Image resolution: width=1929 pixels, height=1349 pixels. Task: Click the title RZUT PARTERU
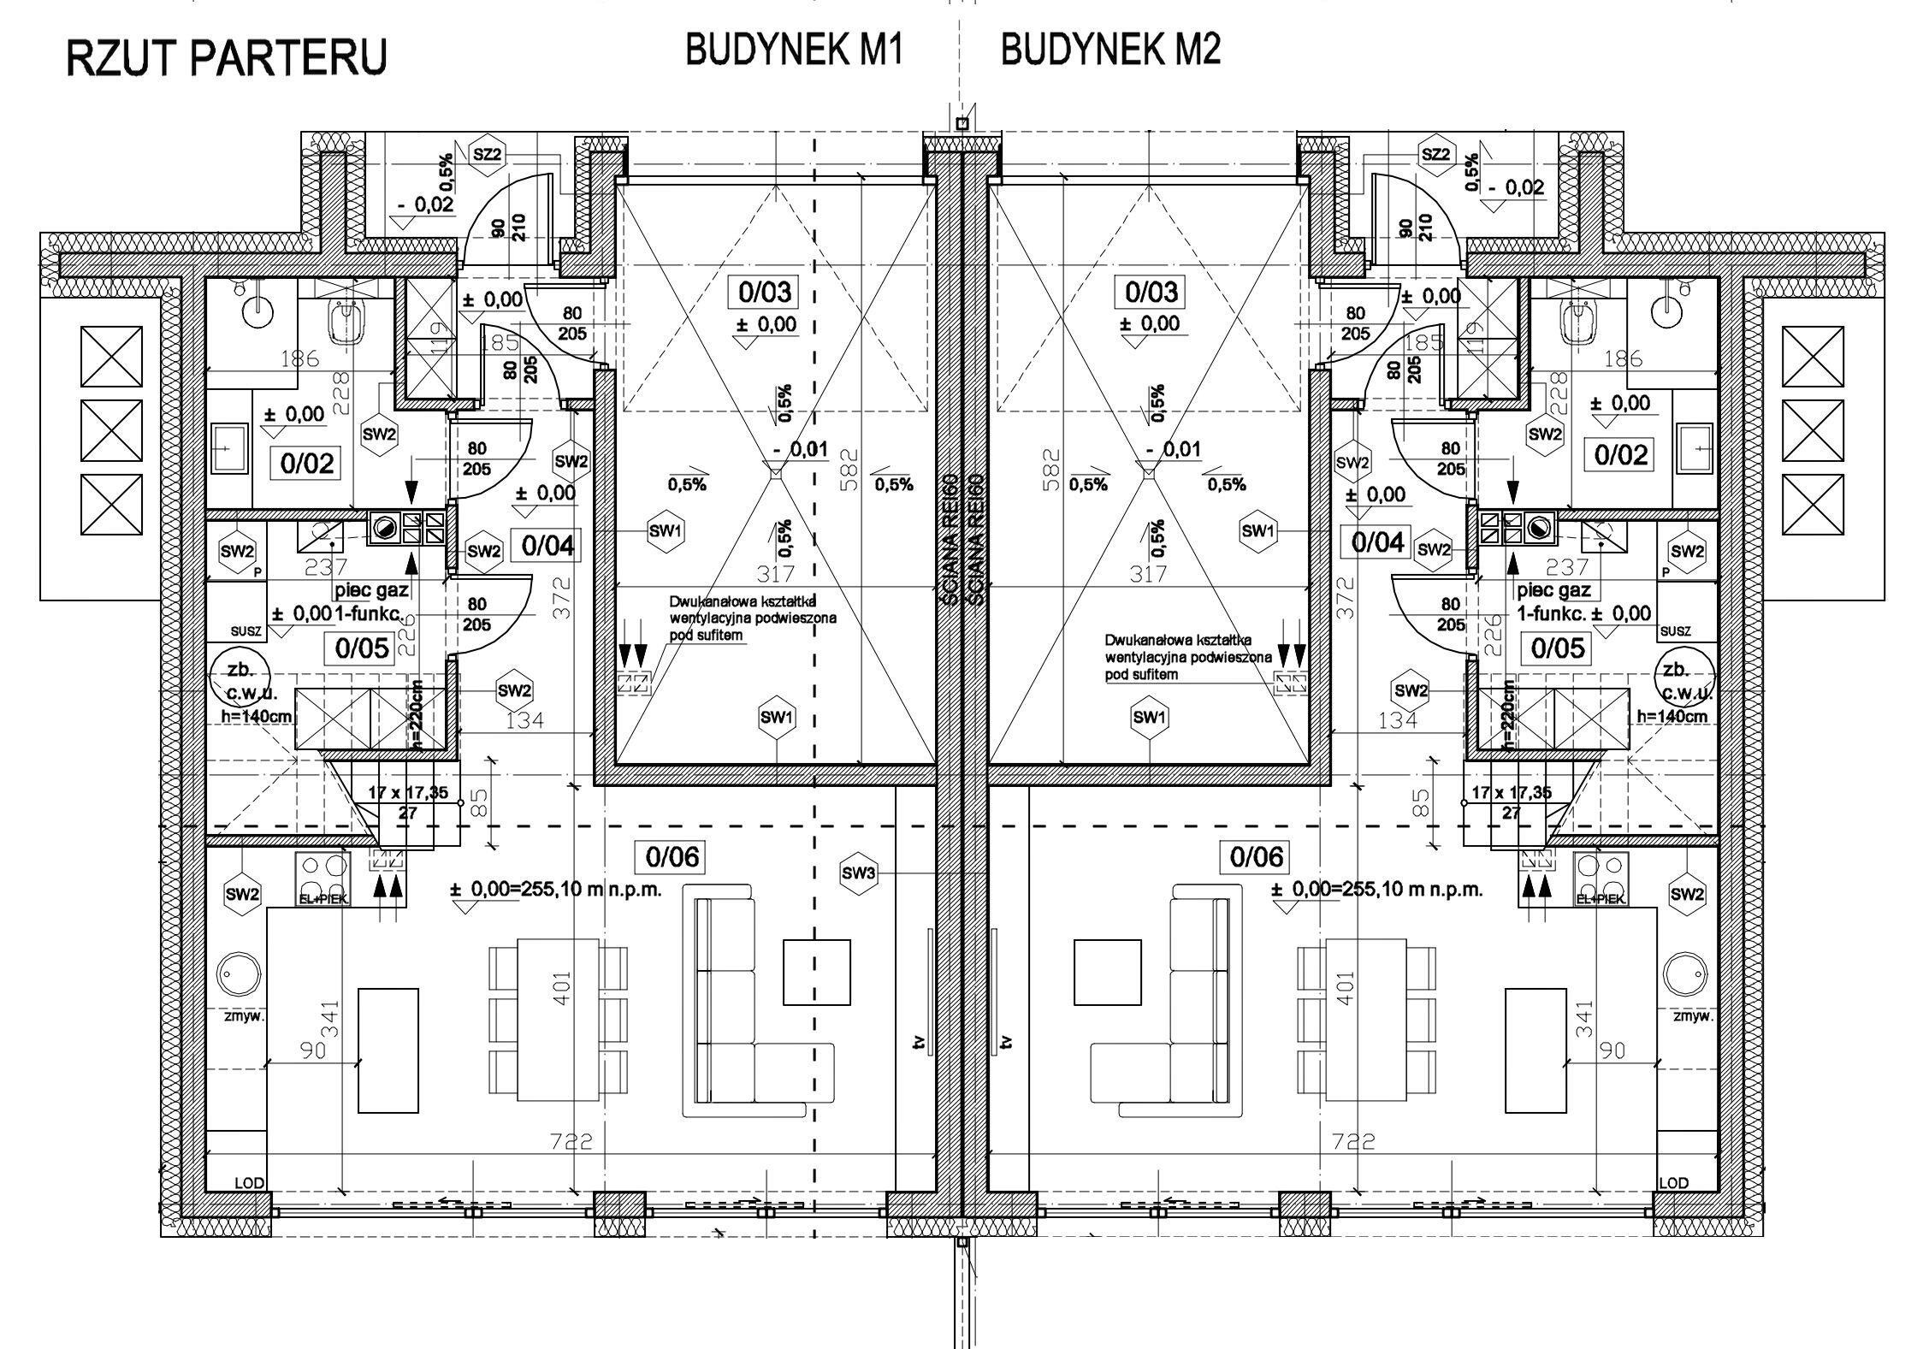pos(227,58)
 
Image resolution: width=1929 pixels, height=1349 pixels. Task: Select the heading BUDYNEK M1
pos(794,50)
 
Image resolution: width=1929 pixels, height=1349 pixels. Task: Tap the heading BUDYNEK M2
pos(1110,50)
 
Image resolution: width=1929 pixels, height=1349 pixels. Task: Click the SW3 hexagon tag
pos(859,873)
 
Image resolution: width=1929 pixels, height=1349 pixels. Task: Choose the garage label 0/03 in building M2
pos(1151,293)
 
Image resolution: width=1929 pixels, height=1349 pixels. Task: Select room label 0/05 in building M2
pos(1557,648)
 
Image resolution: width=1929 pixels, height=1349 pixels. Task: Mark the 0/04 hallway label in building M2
pos(1378,541)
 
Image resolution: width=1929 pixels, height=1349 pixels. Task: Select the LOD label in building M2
pos(1673,1183)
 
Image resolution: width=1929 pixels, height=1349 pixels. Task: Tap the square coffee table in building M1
pos(817,972)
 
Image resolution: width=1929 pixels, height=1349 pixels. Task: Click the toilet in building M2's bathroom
pos(1574,323)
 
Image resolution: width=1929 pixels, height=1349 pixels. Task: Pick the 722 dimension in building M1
pos(571,1141)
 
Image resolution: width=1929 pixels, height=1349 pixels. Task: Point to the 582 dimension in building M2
pos(1051,467)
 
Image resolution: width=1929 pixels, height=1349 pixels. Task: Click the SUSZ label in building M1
pos(246,631)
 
